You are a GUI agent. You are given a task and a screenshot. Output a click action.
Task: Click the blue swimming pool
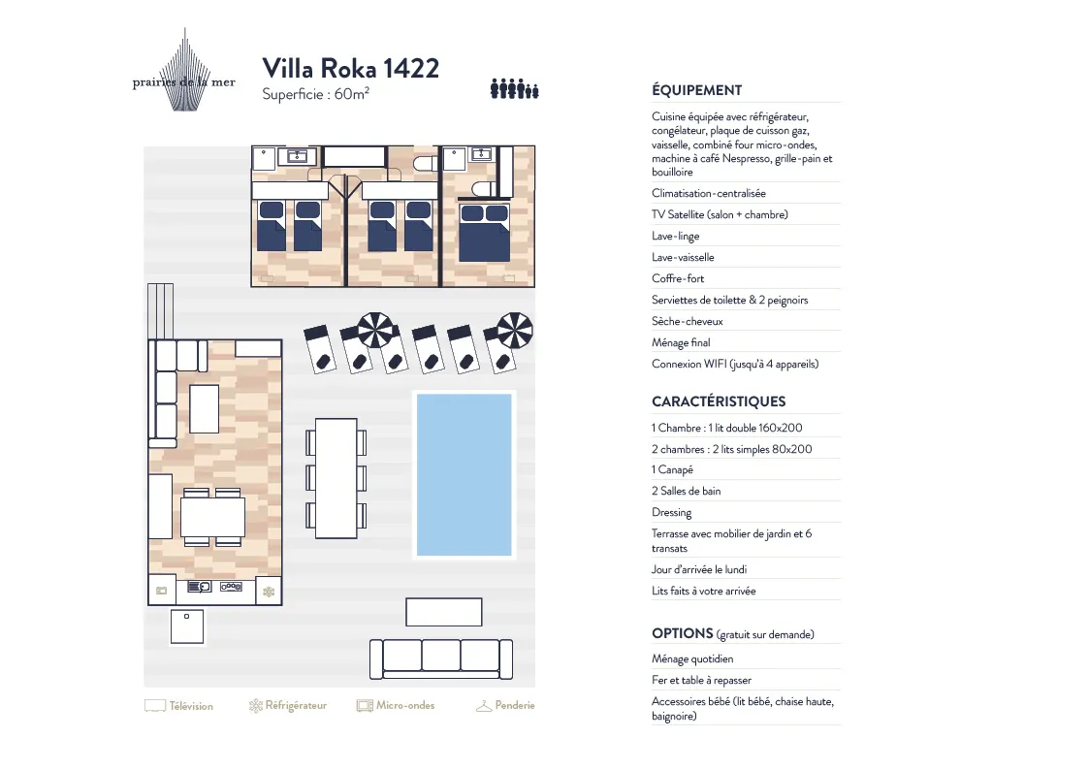(464, 475)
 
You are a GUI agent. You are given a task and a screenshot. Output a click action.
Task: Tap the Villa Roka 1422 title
(351, 68)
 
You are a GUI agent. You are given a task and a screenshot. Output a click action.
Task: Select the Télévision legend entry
(179, 706)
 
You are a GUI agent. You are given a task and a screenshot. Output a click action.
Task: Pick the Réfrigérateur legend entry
(288, 706)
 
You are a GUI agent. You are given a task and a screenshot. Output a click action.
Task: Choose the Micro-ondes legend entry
(396, 706)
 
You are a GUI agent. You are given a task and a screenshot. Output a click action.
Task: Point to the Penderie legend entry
(505, 706)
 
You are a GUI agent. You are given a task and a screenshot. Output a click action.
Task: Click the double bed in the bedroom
(484, 232)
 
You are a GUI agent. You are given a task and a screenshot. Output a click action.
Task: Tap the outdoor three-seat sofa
(441, 658)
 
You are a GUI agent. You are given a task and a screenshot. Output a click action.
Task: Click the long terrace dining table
(336, 478)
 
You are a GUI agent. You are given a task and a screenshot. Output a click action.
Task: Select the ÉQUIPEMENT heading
(696, 90)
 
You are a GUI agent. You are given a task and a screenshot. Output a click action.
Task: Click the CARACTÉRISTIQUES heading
(719, 401)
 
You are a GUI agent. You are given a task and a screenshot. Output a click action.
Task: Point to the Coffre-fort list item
(678, 278)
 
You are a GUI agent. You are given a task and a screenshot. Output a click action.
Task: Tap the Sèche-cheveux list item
(687, 321)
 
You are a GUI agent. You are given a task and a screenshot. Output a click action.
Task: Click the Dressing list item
(672, 512)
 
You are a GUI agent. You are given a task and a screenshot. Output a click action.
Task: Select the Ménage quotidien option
(692, 658)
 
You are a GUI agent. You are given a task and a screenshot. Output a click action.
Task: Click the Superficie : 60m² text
(315, 94)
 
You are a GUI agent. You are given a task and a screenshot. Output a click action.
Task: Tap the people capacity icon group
(515, 89)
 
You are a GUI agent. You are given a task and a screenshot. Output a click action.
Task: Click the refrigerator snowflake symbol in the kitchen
(268, 592)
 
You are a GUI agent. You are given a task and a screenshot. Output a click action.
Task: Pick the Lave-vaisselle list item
(683, 258)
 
